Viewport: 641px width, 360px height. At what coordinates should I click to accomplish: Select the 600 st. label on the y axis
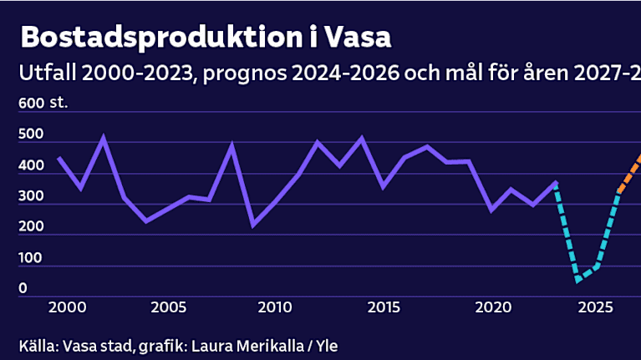click(43, 104)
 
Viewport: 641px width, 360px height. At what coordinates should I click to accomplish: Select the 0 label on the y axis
click(23, 288)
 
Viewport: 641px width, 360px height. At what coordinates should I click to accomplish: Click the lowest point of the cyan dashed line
click(577, 280)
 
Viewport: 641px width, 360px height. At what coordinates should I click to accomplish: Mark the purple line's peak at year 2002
click(103, 138)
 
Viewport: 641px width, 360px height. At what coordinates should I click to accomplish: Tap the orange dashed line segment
click(630, 172)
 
